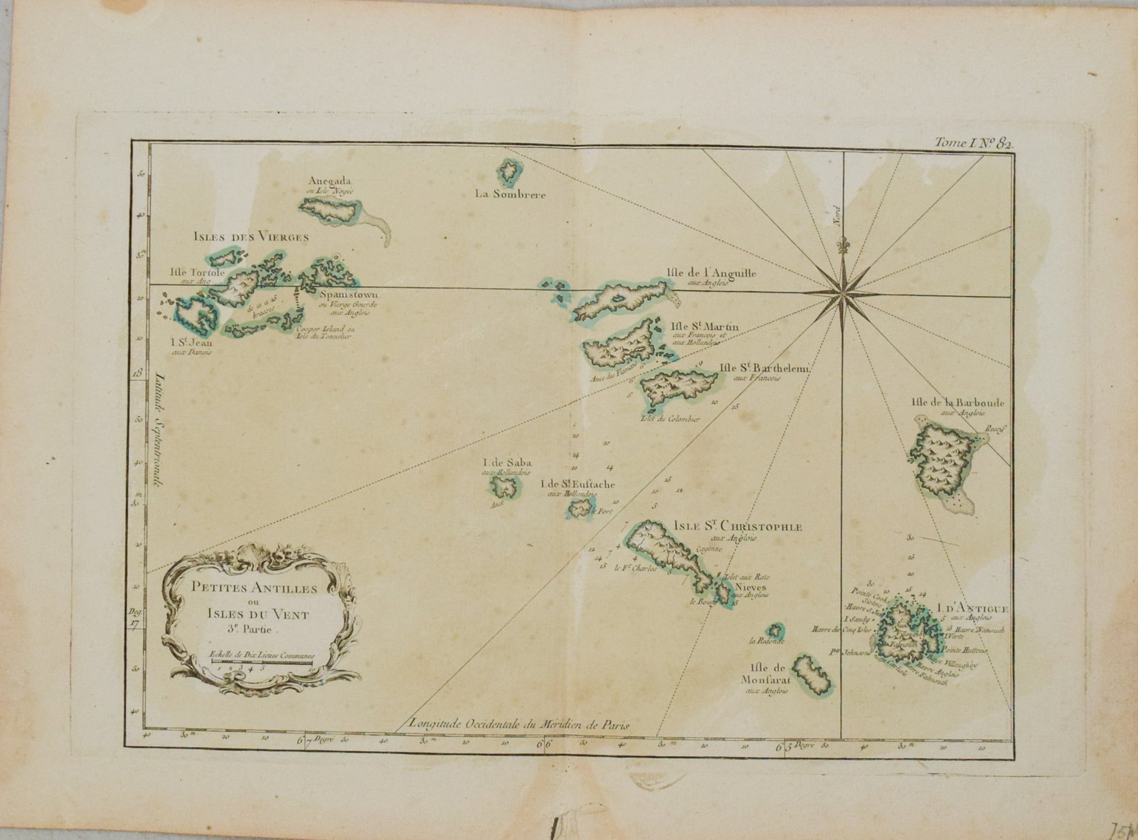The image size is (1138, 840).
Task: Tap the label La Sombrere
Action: coord(511,194)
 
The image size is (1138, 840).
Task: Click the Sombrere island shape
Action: coord(509,171)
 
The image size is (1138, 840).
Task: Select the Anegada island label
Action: coord(330,181)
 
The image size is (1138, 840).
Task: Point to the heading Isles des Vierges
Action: coord(250,237)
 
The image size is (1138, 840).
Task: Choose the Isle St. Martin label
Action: coord(705,326)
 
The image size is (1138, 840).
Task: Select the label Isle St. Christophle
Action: coord(736,527)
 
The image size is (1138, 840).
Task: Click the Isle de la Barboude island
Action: coord(944,462)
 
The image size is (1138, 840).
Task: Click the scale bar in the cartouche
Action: coord(263,663)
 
